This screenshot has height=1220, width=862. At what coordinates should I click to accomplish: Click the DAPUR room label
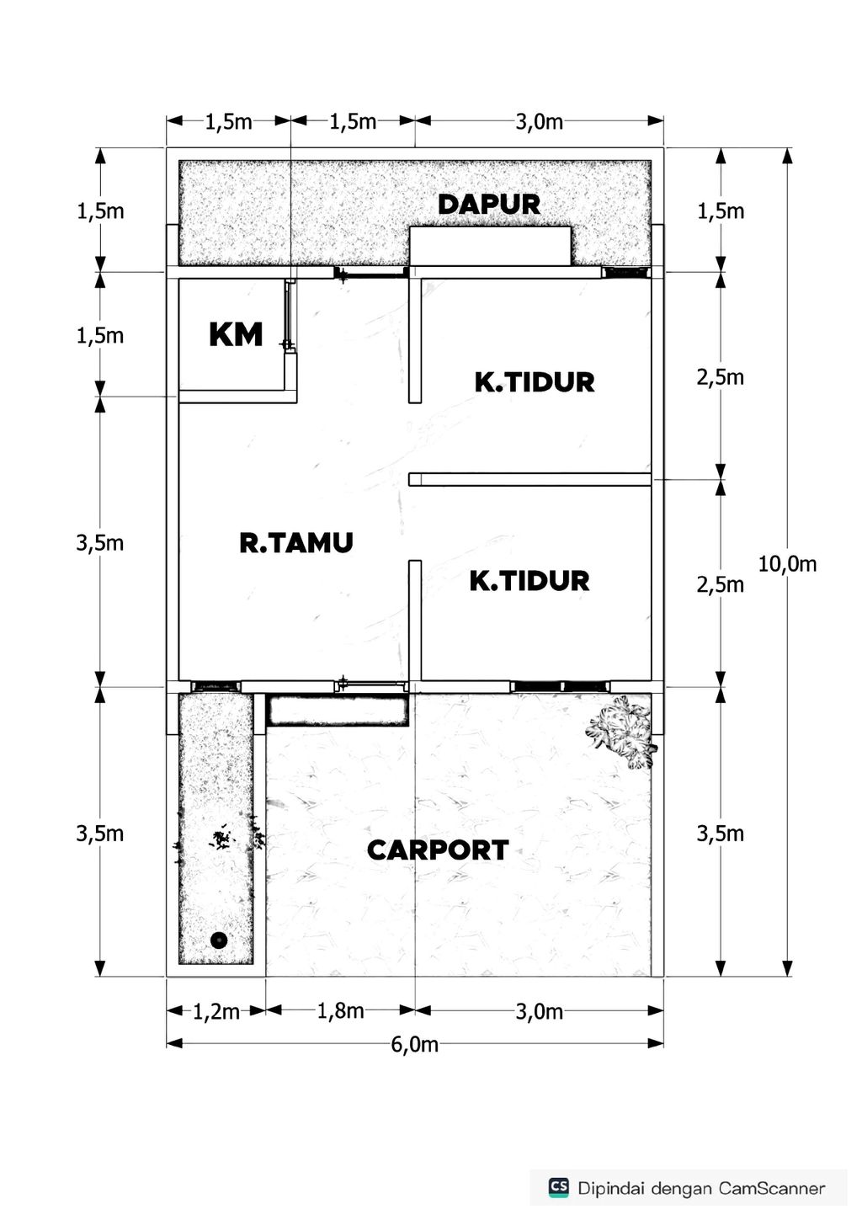pos(488,204)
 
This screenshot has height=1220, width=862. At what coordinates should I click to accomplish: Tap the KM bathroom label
pos(236,335)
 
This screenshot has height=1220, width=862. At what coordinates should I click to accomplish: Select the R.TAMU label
pos(295,543)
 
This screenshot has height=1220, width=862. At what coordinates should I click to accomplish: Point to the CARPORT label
pos(438,850)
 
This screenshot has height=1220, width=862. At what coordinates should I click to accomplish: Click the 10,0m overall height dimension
pos(787,564)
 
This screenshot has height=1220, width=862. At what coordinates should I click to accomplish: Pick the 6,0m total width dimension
pos(414,1045)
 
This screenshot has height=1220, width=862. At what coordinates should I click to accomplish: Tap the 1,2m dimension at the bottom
pos(216,1011)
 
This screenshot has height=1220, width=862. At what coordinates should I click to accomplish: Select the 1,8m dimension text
pos(340,1010)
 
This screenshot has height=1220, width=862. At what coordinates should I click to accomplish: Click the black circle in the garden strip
pos(219,940)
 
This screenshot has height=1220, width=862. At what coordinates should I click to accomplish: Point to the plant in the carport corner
pos(623,730)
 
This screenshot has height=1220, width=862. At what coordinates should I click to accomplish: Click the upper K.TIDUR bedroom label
pos(535,382)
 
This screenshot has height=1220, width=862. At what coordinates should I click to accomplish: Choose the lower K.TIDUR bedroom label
pos(529,581)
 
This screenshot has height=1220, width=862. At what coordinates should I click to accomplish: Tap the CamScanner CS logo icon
pos(558,1187)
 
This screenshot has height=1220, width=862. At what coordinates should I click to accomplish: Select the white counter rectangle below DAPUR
pos(490,246)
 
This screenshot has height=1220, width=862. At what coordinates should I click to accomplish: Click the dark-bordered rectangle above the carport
pos(338,710)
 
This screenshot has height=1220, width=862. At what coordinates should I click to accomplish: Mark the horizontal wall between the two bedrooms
pos(529,479)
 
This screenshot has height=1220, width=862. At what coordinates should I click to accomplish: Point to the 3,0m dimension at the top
pos(539,122)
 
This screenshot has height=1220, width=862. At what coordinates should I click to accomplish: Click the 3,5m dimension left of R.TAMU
pos(100,543)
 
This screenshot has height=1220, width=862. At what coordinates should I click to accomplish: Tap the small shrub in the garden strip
pos(221,838)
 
